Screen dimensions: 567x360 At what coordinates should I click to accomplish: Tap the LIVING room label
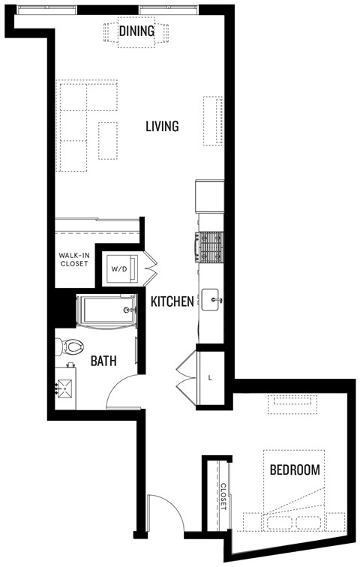(162, 126)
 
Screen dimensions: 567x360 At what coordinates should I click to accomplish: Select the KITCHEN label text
(172, 301)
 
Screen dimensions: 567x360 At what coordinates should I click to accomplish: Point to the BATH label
(103, 361)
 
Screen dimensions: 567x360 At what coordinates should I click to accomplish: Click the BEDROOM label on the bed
(295, 470)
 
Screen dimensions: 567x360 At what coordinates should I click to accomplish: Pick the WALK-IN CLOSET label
(74, 259)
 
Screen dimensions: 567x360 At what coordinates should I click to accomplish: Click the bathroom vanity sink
(64, 388)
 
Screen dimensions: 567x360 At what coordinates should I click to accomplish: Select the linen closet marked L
(210, 378)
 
